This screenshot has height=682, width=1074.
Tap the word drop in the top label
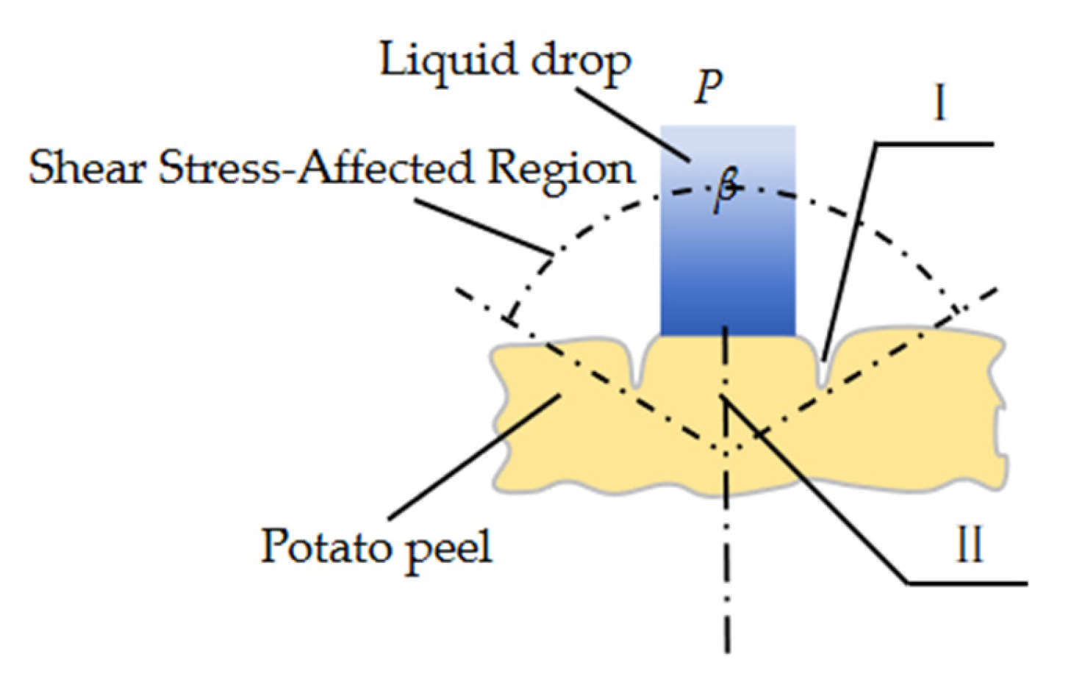coord(581,62)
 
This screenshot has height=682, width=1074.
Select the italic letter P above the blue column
coord(709,87)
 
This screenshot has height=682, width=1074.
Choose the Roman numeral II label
coord(969,546)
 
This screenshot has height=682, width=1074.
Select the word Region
coord(560,169)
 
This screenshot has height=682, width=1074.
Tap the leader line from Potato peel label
coord(470,459)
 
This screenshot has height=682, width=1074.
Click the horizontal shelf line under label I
coord(934,144)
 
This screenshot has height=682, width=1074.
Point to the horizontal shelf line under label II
coord(967,584)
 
